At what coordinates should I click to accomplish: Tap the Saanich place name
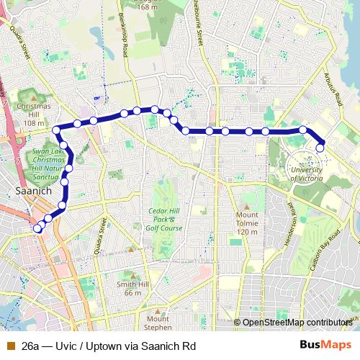coord(31,192)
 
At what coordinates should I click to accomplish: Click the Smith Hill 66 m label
coord(132,288)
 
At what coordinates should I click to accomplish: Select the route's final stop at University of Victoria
coord(320,148)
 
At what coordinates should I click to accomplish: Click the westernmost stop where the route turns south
coord(56,130)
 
